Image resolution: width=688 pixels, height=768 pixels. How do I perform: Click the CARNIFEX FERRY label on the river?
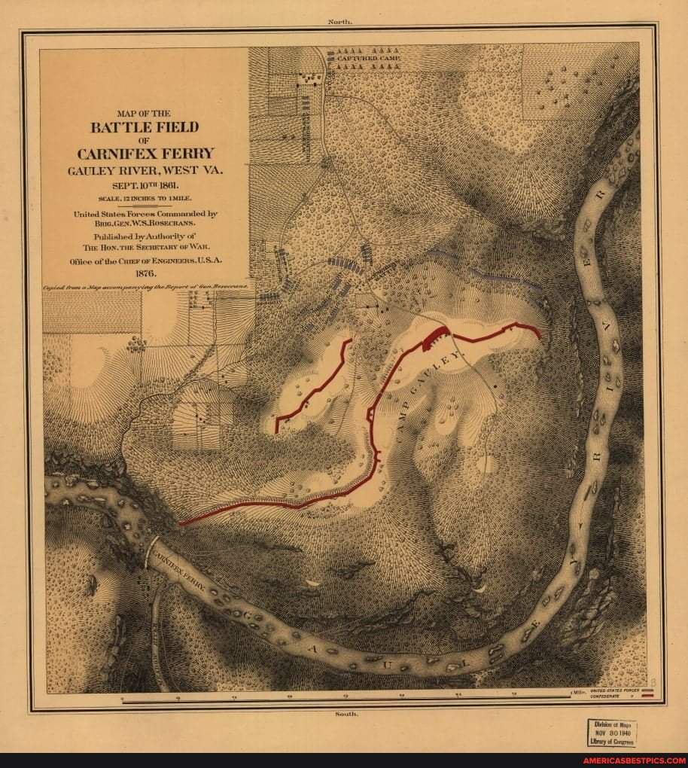click(x=180, y=568)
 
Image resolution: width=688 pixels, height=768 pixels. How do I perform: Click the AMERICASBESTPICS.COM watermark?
click(x=634, y=760)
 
